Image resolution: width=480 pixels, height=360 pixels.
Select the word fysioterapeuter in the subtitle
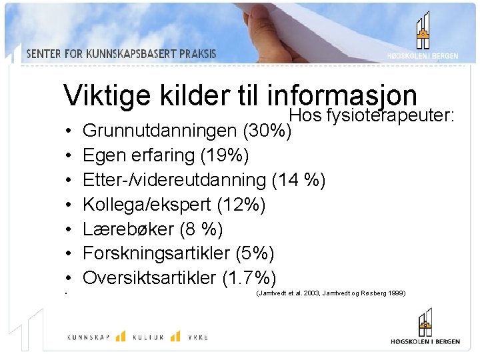coord(391,116)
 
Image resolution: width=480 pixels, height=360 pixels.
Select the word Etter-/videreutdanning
coord(174,179)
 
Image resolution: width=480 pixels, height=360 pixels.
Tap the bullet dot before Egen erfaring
coord(69,156)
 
